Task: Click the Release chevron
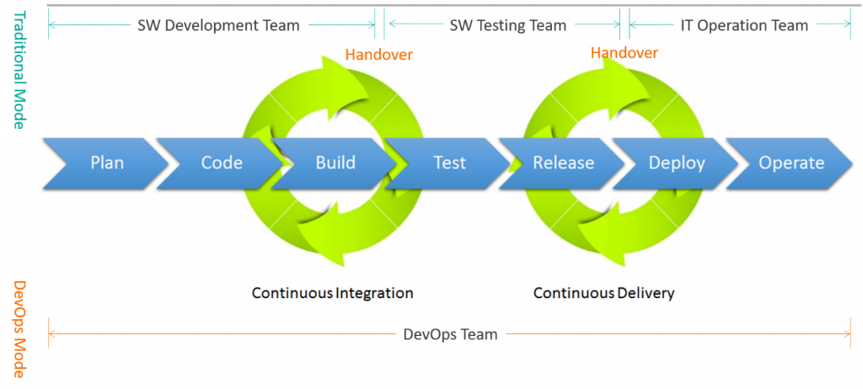click(x=563, y=163)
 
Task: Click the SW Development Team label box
click(x=218, y=25)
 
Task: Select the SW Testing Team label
click(x=507, y=25)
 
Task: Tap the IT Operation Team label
click(x=744, y=25)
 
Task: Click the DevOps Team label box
click(x=450, y=334)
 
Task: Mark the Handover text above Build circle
click(x=380, y=56)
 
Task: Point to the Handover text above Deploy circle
click(x=624, y=53)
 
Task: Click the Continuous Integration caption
click(x=333, y=293)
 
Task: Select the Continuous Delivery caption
click(x=604, y=293)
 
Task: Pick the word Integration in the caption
click(x=375, y=293)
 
